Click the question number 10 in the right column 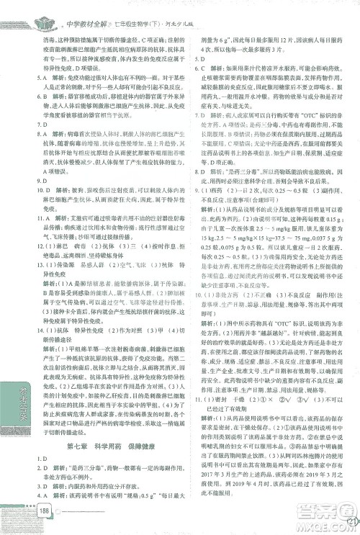pos(194,295)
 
